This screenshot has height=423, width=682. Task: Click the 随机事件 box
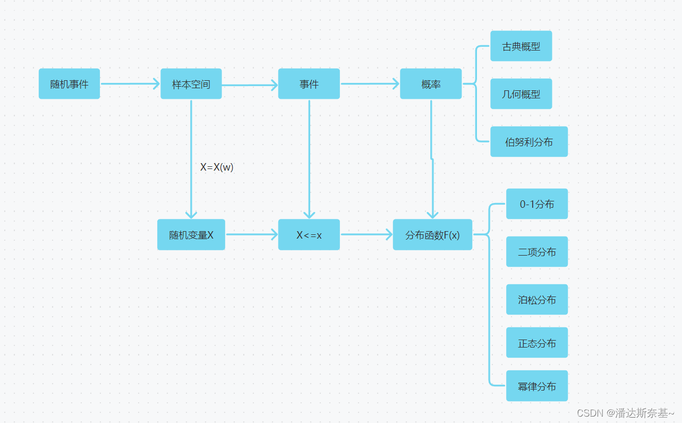[x=69, y=84]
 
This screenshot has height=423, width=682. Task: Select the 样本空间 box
[x=191, y=84]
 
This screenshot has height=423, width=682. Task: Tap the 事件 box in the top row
[x=309, y=84]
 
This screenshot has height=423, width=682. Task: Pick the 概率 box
[x=431, y=84]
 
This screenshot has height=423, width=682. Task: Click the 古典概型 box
[x=521, y=46]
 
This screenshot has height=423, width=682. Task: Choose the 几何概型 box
[x=521, y=94]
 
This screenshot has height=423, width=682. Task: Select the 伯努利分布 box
[x=529, y=142]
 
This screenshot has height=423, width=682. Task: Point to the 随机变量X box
[x=191, y=235]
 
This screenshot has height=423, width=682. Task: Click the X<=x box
[x=309, y=235]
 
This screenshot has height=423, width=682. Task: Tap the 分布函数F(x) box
[x=432, y=235]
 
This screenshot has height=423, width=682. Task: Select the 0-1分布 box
[x=537, y=204]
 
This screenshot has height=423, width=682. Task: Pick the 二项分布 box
[x=537, y=252]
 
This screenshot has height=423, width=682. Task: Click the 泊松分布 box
[x=537, y=300]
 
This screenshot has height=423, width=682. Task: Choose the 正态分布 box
[x=537, y=343]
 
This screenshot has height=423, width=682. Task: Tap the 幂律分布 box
[x=537, y=386]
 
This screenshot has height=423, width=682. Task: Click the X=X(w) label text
[x=217, y=167]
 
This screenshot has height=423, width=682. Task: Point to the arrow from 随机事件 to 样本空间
[x=130, y=83]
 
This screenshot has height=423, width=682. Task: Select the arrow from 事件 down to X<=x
[x=309, y=159]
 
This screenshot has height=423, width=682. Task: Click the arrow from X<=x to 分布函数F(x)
[x=366, y=234]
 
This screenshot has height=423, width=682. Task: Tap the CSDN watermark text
[x=625, y=413]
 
